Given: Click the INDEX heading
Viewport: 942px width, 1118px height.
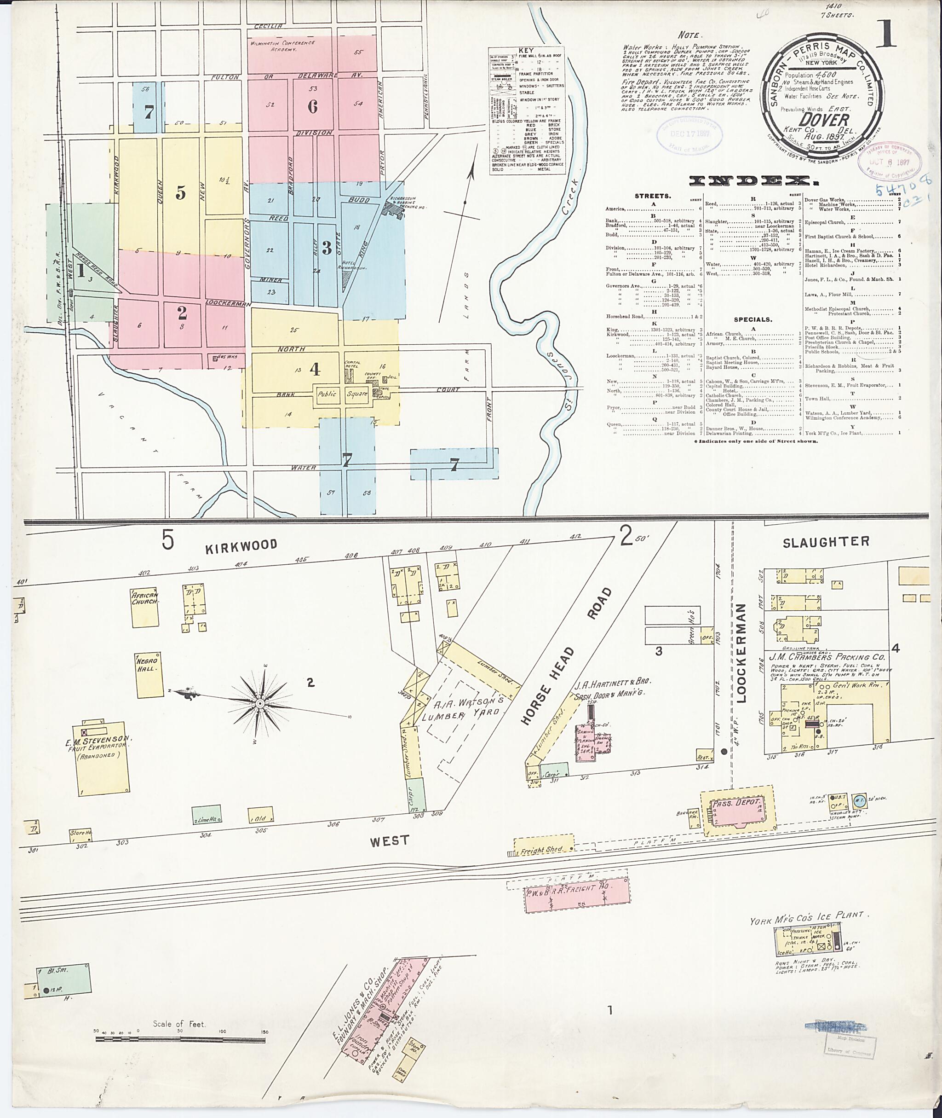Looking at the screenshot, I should click(752, 181).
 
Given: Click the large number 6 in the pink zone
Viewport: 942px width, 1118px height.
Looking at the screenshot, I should click(312, 106).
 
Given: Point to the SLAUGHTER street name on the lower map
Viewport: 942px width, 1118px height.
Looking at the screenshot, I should click(826, 542).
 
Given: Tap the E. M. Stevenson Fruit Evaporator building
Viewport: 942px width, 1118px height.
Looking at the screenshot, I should click(104, 758).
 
